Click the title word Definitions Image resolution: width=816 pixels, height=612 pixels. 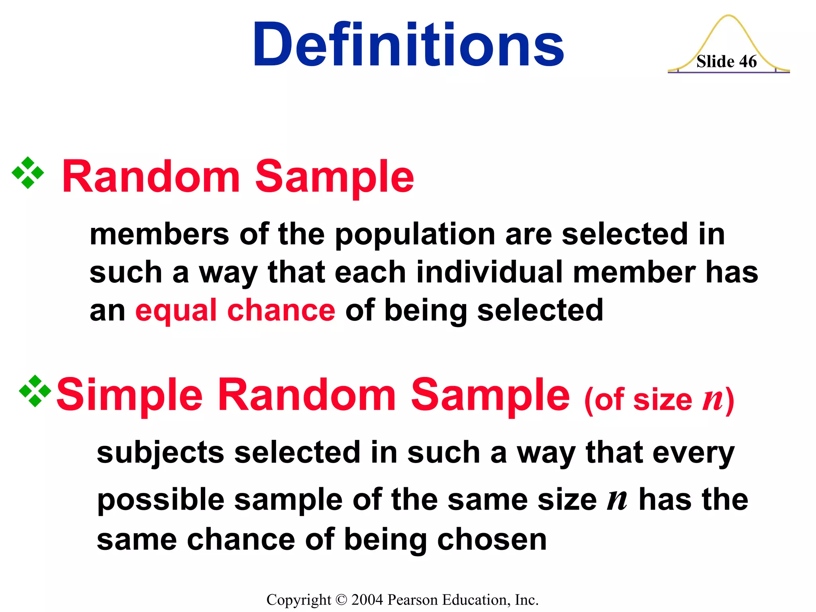408,45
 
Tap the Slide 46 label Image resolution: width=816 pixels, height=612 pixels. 726,62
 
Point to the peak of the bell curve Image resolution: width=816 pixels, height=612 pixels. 728,16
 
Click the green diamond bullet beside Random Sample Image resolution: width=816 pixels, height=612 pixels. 28,173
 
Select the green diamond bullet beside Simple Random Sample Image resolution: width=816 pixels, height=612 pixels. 35,391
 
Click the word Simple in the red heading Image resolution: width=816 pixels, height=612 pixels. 129,395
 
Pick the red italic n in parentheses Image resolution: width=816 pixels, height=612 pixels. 713,399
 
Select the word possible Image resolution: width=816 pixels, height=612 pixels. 161,500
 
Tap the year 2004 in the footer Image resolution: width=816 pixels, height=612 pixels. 367,600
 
